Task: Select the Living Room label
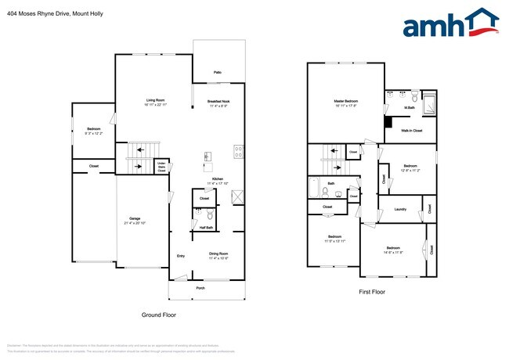[x=155, y=100]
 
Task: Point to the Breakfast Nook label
[x=218, y=100]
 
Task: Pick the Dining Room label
[x=218, y=253]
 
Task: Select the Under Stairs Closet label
[x=161, y=166]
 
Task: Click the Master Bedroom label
[x=345, y=100]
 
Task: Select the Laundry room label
[x=399, y=209]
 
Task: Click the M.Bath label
[x=409, y=108]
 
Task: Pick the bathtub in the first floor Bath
[x=313, y=191]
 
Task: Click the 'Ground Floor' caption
[x=159, y=315]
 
